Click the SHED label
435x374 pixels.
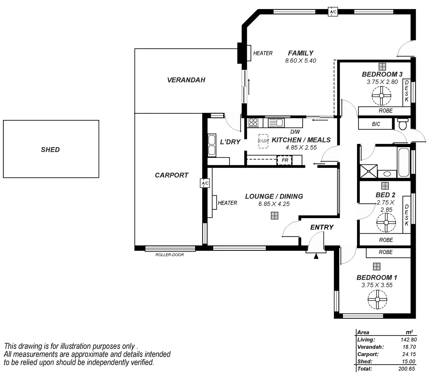coord(50,149)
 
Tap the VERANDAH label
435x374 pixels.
coord(187,80)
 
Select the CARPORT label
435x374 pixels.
coord(171,175)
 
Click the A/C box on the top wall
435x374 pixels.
coord(333,12)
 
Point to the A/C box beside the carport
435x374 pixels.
coord(205,184)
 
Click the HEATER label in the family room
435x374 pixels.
coord(263,53)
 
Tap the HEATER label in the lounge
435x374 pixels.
coord(227,203)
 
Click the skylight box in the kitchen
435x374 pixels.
coord(263,141)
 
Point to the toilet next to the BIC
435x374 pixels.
coord(402,124)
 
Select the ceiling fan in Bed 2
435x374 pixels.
coord(386,222)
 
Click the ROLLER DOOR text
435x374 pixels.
coord(170,255)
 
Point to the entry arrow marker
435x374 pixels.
coord(316,257)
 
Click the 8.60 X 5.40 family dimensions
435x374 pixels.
coord(301,61)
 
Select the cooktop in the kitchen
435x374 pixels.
coord(253,122)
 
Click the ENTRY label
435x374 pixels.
coord(322,227)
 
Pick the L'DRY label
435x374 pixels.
coord(230,142)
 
